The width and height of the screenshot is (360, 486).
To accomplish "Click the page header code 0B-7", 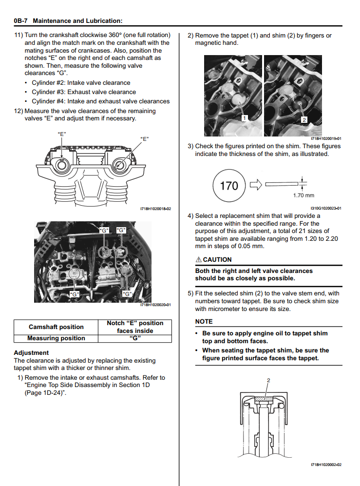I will pos(21,21).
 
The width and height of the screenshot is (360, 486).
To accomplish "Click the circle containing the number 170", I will pos(229,186).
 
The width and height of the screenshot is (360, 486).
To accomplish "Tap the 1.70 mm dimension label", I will pos(303,196).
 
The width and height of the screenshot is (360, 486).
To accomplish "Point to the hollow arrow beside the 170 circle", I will pos(256,185).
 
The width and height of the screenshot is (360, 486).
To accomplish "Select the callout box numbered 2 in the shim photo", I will pos(304,119).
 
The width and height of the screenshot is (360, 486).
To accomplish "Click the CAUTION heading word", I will pos(217,260).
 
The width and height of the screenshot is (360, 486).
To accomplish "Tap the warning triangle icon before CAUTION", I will pos(198,260).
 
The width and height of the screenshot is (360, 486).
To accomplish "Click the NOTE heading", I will pos(204,322).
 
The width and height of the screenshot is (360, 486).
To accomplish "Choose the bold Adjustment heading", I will pos(31,352).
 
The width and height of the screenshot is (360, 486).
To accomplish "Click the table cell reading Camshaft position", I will pos(56,327).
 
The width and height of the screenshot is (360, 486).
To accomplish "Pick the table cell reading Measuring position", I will pos(56,338).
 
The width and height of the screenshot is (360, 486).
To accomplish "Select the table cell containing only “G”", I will pos(134,338).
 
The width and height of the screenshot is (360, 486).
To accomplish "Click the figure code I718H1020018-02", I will pos(155,209).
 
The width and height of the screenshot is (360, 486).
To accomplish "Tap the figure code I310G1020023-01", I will pos(325,208).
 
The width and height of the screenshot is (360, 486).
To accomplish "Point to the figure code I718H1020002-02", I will pos(325,465).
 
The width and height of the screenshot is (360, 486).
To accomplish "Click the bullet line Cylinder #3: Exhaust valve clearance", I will pos(84,92).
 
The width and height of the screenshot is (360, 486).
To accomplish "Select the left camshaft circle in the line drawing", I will pos(62,165).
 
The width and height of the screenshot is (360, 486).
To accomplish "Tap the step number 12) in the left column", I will pos(19,111).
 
